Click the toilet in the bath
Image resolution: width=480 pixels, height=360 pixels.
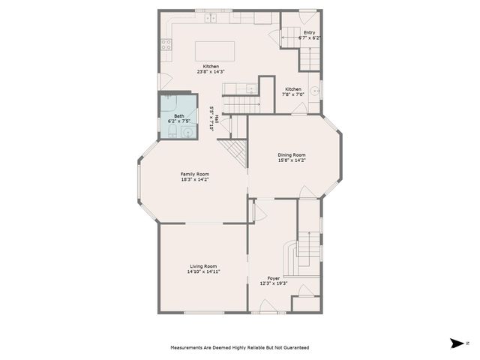[x=171, y=133]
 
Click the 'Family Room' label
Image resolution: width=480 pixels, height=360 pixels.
[x=194, y=174]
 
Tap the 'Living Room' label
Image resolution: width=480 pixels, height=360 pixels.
[x=203, y=266]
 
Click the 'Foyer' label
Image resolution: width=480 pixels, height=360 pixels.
[x=274, y=277]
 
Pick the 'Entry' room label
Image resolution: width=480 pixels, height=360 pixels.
[x=310, y=32]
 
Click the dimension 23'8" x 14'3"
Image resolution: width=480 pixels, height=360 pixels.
[x=211, y=71]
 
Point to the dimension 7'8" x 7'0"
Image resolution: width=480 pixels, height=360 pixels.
[x=293, y=94]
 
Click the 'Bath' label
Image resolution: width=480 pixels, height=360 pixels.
[x=179, y=115]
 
